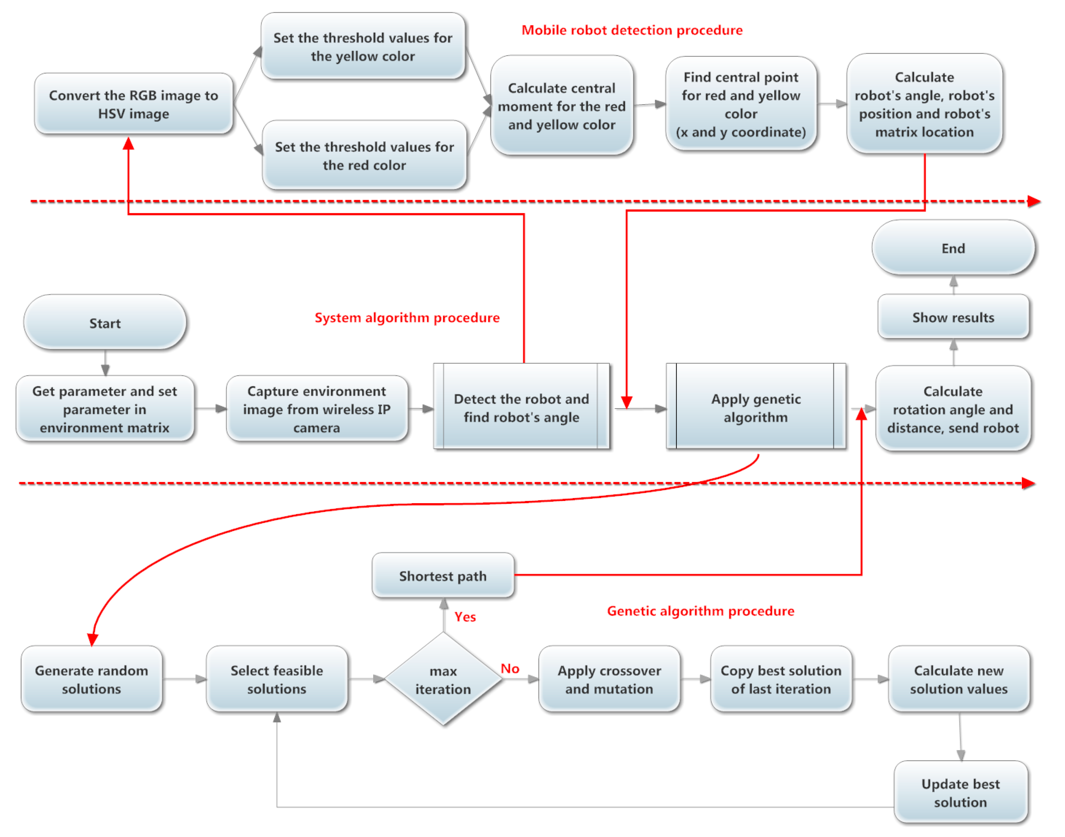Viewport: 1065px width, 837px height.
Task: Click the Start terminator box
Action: click(105, 323)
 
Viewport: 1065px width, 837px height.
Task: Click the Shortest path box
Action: click(443, 576)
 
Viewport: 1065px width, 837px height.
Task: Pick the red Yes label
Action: click(465, 617)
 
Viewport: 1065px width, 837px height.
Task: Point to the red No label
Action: click(510, 668)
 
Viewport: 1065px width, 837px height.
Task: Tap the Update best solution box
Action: click(960, 792)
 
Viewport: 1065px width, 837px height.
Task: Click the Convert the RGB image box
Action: click(133, 104)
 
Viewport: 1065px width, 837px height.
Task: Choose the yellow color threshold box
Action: click(362, 47)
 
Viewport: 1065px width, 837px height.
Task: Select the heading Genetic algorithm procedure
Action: click(700, 611)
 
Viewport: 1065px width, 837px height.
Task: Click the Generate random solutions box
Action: click(91, 679)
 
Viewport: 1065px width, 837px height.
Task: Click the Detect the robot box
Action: click(521, 407)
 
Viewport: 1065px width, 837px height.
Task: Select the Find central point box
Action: click(740, 104)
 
